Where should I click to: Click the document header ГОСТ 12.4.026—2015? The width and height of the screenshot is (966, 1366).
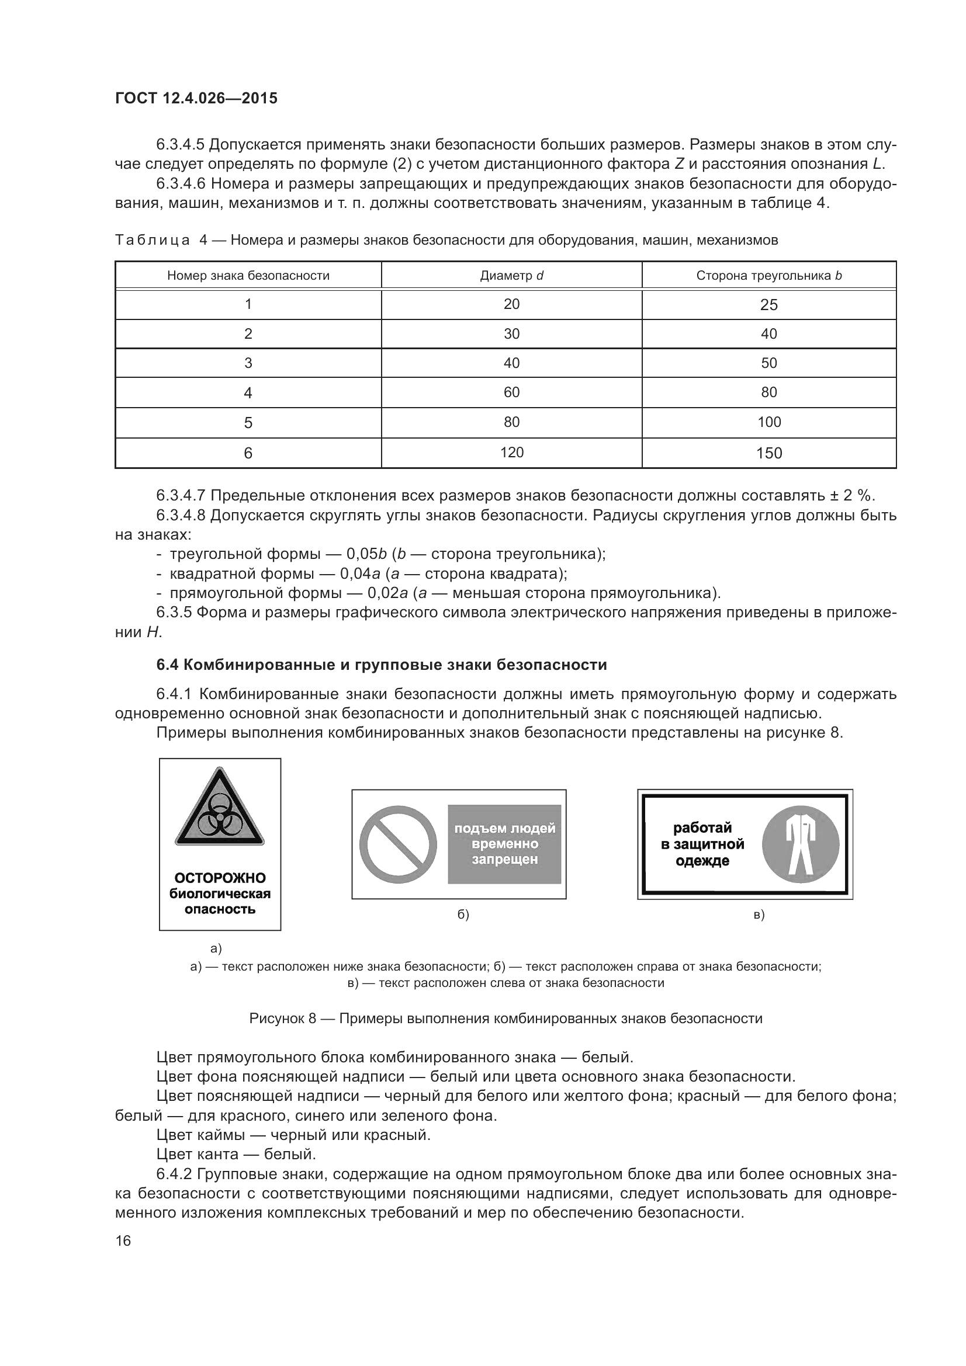point(196,98)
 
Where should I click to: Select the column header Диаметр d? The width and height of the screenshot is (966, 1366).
point(511,276)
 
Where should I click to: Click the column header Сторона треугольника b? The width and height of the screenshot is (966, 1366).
point(768,276)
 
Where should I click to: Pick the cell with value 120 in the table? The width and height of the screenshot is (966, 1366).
point(511,452)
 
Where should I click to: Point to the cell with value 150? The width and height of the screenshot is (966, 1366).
point(768,453)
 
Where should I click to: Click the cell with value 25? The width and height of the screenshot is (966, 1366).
point(768,305)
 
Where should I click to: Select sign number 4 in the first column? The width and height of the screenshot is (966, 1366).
point(248,392)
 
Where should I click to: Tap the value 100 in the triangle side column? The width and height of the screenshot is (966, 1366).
point(768,422)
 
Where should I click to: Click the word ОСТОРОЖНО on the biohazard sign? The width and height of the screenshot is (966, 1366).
point(220,878)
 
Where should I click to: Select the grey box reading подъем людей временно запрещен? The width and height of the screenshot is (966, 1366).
point(504,844)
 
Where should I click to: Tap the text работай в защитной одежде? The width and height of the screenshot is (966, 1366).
point(702,844)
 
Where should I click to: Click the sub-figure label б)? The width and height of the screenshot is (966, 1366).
point(462,915)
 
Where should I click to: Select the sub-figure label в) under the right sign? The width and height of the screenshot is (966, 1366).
point(759,915)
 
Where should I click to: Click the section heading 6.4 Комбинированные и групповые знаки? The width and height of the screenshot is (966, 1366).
point(381,665)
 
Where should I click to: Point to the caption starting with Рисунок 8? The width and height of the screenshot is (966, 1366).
point(505,1018)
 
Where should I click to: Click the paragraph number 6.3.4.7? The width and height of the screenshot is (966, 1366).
point(181,496)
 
